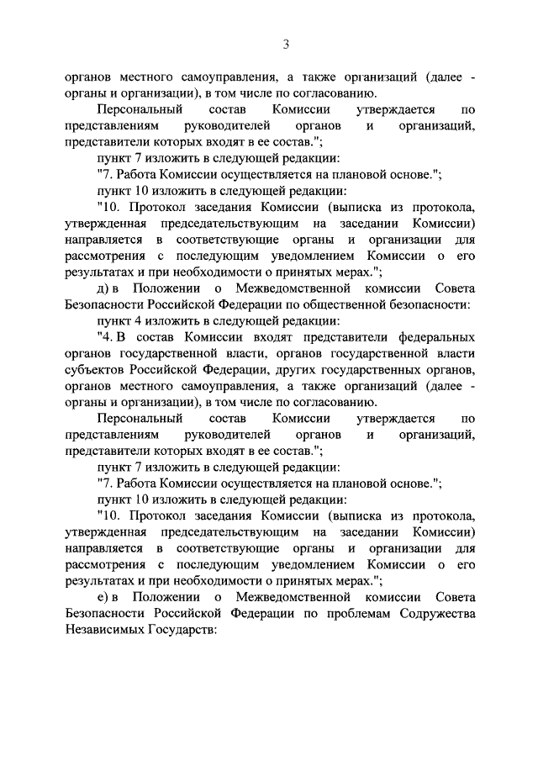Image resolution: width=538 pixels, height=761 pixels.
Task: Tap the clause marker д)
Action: point(103,288)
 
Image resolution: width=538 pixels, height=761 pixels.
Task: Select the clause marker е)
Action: point(103,597)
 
